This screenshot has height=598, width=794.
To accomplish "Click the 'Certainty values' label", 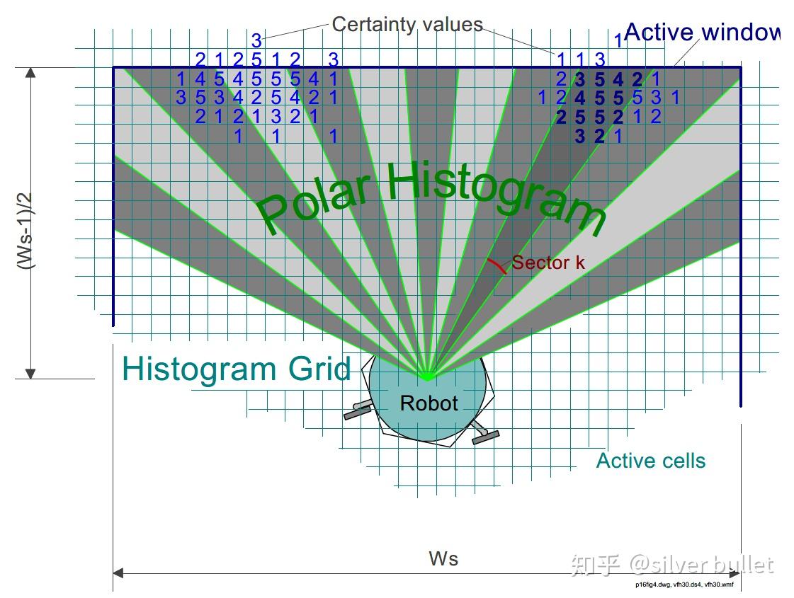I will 407,25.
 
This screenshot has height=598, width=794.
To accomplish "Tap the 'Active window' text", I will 701,33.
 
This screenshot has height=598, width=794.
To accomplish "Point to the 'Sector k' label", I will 548,263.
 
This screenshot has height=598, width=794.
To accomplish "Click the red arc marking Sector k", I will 497,265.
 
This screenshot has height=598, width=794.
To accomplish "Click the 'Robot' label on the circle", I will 429,403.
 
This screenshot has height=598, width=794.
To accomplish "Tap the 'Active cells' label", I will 650,461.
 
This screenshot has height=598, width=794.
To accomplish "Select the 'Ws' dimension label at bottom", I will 443,558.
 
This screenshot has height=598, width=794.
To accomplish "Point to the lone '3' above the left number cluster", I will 256,41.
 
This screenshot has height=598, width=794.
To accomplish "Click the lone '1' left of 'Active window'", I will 618,40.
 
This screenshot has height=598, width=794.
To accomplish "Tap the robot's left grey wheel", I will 358,410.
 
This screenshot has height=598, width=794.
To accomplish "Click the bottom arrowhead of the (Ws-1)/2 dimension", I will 30,373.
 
